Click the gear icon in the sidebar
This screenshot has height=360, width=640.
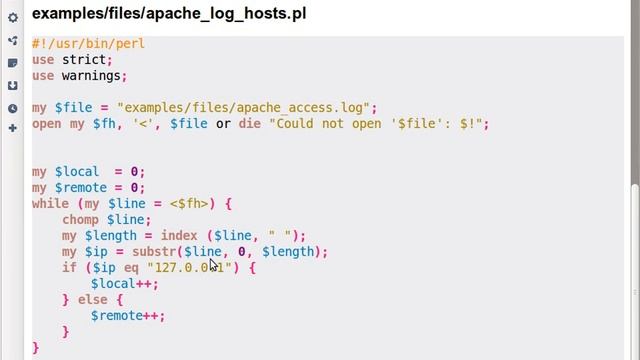pos(12,18)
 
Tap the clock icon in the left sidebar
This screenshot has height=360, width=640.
pos(12,108)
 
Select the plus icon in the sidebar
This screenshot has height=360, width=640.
pos(12,128)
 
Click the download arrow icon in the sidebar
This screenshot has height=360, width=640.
pos(12,85)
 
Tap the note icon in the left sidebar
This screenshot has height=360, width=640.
pos(12,63)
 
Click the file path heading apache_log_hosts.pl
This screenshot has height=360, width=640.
pos(169,14)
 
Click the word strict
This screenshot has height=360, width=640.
pos(84,60)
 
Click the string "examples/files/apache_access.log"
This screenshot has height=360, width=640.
pos(246,108)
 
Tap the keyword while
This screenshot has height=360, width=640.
pos(50,204)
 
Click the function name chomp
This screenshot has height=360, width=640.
pos(81,220)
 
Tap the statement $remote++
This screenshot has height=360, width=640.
pos(127,316)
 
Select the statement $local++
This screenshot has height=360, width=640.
pos(123,284)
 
